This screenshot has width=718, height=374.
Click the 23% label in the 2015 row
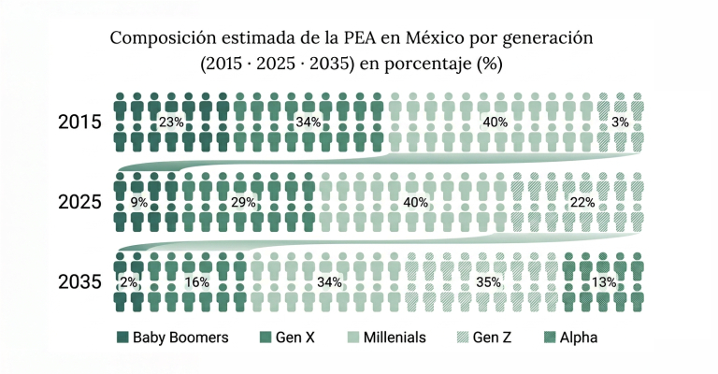pyautogui.click(x=171, y=122)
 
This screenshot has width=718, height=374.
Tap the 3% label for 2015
pyautogui.click(x=620, y=122)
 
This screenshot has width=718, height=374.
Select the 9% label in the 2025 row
pyautogui.click(x=139, y=202)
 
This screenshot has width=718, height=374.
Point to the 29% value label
pyautogui.click(x=243, y=202)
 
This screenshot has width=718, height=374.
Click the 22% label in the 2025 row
pyautogui.click(x=582, y=202)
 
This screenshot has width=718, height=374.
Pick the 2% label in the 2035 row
pyautogui.click(x=129, y=282)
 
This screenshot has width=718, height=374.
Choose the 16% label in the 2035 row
pyautogui.click(x=197, y=282)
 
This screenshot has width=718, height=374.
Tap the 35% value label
pyautogui.click(x=488, y=282)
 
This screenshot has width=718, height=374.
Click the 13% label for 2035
pyautogui.click(x=604, y=282)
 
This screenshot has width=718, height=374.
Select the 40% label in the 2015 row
pyautogui.click(x=495, y=122)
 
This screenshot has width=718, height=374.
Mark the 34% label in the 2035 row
pyautogui.click(x=329, y=282)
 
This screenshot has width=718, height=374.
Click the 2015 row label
pyautogui.click(x=79, y=122)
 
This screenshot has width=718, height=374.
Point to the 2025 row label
pyautogui.click(x=79, y=202)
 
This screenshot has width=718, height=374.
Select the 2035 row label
pyautogui.click(x=79, y=282)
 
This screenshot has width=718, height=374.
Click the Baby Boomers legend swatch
pyautogui.click(x=122, y=338)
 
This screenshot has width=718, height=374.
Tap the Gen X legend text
pyautogui.click(x=294, y=338)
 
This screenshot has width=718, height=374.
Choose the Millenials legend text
pyautogui.click(x=395, y=338)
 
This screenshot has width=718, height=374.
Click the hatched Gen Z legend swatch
pyautogui.click(x=463, y=338)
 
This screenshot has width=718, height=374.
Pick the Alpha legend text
pyautogui.click(x=579, y=338)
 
